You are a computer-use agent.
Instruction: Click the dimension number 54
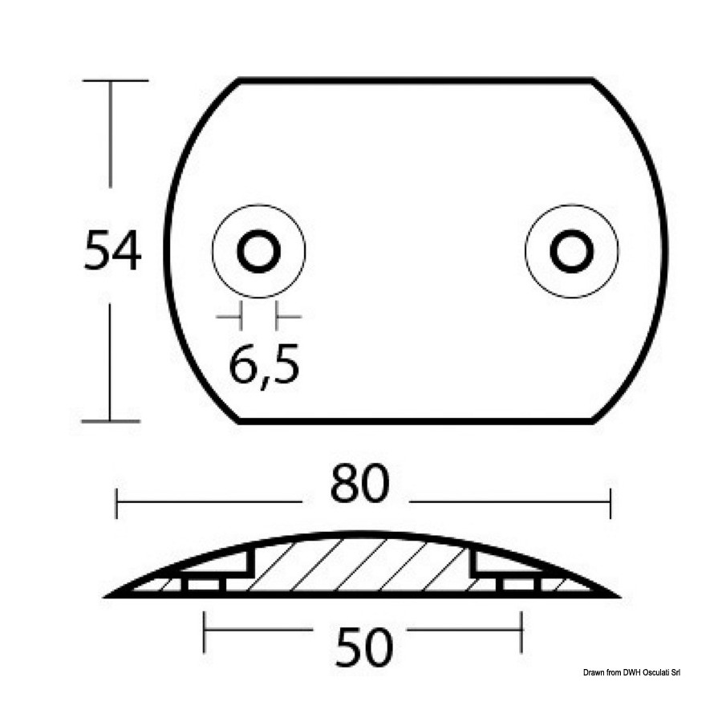[x=112, y=251]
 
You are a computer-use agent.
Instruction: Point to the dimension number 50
[x=364, y=648]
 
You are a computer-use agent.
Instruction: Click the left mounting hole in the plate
[x=259, y=251]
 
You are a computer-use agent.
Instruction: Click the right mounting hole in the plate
[x=572, y=251]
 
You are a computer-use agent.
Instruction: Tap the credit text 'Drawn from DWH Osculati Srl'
[x=631, y=673]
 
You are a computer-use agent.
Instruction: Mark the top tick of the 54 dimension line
[x=116, y=80]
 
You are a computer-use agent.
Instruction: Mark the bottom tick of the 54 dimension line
[x=111, y=421]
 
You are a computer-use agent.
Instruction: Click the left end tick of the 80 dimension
[x=116, y=503]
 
